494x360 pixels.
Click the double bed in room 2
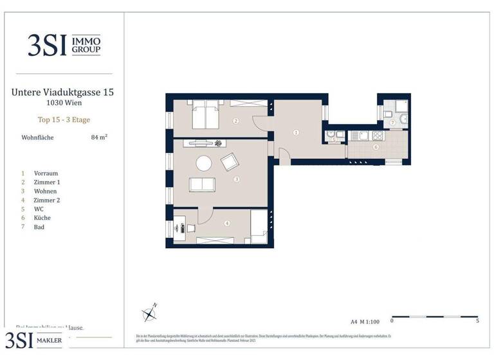[204, 116]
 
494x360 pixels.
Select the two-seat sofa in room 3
[203, 185]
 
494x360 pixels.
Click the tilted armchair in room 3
[230, 162]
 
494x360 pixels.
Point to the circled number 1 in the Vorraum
[296, 132]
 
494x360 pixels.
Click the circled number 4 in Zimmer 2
[226, 224]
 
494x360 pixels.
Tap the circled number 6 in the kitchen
[376, 147]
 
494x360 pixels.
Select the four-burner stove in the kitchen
[375, 136]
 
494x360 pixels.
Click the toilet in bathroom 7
[402, 119]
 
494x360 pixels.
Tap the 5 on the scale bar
[477, 320]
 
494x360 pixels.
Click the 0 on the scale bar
[392, 320]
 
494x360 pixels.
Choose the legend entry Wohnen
[46, 191]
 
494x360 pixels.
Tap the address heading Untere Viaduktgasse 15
[62, 92]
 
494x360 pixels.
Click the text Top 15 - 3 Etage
[62, 120]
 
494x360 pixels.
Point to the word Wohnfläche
[37, 138]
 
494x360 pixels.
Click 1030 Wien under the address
[62, 103]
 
